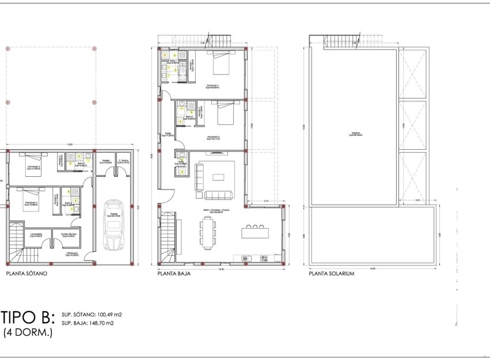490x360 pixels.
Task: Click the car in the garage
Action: click(114, 224)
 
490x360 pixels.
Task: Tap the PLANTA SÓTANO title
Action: click(26, 274)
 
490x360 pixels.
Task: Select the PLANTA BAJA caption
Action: click(174, 274)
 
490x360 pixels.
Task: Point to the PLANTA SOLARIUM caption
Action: click(332, 274)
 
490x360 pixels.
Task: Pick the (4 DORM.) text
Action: click(28, 332)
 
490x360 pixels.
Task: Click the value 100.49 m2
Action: click(108, 315)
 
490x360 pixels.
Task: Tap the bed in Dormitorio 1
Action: click(221, 63)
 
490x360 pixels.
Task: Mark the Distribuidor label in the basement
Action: click(72, 253)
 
